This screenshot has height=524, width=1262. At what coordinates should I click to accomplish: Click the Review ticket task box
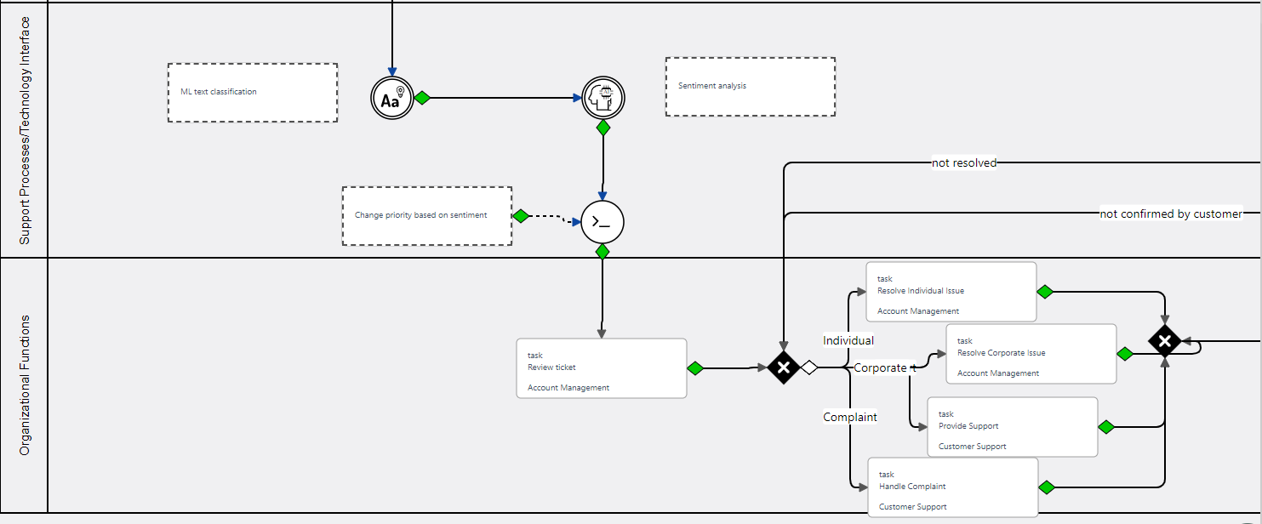pos(601,368)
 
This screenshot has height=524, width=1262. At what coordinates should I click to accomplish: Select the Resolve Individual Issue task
pos(951,292)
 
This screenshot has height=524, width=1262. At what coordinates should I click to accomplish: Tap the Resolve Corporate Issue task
pos(1031,354)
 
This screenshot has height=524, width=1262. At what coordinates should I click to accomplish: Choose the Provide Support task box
pos(1012,427)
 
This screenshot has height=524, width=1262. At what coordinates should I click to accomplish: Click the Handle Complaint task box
pos(952,487)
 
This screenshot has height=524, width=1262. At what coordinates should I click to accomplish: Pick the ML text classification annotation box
pos(253,93)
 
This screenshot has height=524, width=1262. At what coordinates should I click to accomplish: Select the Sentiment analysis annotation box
pos(750,87)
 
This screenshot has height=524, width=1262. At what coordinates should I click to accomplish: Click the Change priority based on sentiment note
pos(426,216)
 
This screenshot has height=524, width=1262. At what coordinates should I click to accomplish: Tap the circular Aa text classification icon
pos(391,98)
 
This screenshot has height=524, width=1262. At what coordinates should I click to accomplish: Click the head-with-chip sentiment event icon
pos(603,98)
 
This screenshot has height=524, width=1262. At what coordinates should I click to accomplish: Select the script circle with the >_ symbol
pos(602,222)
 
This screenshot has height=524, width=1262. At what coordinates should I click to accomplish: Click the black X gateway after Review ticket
pos(783,367)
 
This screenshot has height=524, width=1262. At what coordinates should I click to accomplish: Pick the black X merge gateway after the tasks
pos(1164,341)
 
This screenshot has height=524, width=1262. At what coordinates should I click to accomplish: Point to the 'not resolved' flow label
pos(963,162)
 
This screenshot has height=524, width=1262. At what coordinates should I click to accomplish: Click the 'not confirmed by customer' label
pos(1170,214)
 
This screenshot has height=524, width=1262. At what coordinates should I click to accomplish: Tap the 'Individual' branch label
pos(848,340)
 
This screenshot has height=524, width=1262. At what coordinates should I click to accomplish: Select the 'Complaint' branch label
pos(849,417)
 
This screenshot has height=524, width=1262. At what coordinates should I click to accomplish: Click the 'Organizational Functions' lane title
pos(25,384)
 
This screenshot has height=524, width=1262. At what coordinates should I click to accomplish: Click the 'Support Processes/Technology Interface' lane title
pos(25,130)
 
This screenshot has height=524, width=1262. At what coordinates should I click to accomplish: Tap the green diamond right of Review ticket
pos(695,368)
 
